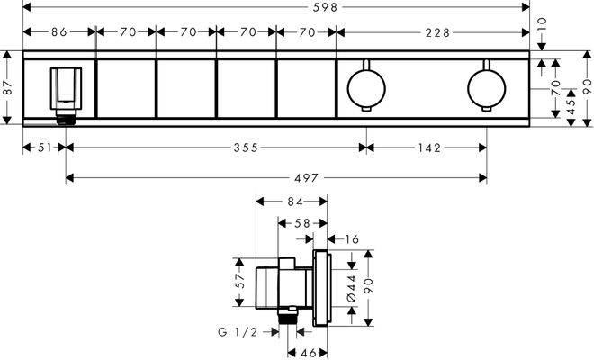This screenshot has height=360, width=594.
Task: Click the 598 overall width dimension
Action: point(325,7)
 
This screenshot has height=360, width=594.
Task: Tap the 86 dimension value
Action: point(59,32)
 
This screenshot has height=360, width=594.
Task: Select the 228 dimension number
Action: point(437,33)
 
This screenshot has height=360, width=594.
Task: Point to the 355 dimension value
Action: point(246,148)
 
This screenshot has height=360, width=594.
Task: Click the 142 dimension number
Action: point(429,148)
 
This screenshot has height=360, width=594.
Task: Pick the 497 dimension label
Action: point(307,177)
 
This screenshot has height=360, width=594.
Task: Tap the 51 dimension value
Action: point(44,148)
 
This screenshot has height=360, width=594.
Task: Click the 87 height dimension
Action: point(8,88)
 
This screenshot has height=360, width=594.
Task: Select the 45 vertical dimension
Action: point(571,107)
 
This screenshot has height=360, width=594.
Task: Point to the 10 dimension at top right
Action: point(542,24)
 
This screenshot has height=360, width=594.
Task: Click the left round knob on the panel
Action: point(366,89)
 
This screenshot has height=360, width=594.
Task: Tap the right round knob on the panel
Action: point(487,89)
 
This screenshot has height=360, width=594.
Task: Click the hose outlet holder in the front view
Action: point(66,95)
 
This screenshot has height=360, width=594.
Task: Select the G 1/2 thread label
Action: point(238,332)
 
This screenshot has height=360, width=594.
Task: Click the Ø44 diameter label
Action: point(352,288)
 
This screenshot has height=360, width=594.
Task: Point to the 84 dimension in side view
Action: point(294,202)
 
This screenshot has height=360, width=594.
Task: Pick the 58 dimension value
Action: point(302,223)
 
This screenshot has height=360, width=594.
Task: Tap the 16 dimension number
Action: point(352,239)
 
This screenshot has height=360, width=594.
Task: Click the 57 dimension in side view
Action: point(240,282)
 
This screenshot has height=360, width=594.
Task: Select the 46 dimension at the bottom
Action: point(308,353)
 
